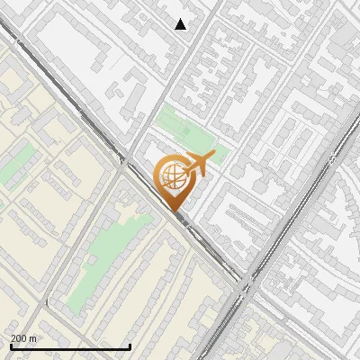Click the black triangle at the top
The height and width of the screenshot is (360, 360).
[181, 24]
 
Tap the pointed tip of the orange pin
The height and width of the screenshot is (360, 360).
[174, 212]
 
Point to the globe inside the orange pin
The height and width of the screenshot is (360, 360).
[172, 177]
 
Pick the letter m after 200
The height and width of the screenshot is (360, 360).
[34, 338]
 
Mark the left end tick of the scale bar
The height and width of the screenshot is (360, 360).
[11, 346]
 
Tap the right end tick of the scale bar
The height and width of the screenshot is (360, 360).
[130, 346]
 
